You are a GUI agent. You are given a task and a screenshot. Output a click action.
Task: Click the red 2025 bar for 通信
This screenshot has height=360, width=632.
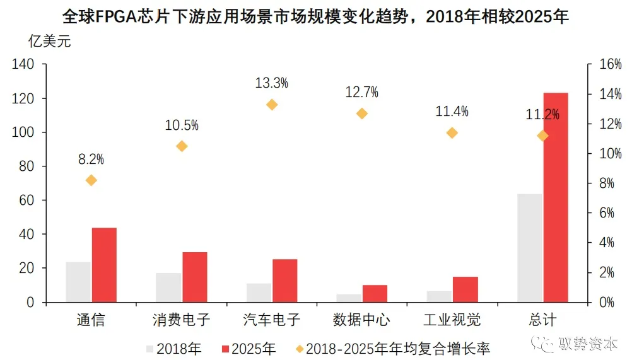(x=104, y=265)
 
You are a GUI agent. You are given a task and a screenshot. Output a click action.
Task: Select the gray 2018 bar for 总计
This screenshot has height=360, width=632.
(x=530, y=248)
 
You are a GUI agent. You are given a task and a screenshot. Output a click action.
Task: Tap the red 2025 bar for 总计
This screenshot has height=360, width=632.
(x=556, y=197)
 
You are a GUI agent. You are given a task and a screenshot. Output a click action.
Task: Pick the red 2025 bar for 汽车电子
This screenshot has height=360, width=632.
(x=284, y=281)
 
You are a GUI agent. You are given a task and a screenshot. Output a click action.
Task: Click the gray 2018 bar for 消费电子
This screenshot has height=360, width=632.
(x=168, y=287)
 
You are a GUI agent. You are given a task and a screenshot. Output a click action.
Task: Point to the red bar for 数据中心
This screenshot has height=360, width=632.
(x=375, y=293)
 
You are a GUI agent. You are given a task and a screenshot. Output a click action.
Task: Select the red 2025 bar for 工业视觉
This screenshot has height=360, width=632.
(x=465, y=289)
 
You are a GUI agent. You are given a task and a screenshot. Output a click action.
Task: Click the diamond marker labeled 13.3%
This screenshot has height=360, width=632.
(x=272, y=105)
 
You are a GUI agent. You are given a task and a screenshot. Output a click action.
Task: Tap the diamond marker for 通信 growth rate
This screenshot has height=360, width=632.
(x=91, y=180)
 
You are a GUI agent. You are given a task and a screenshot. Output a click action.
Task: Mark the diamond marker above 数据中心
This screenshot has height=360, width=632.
(x=362, y=113)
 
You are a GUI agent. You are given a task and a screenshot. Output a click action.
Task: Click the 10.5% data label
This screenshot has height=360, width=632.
(x=182, y=125)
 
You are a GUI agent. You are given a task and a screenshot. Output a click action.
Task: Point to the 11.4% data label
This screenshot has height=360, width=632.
(x=452, y=112)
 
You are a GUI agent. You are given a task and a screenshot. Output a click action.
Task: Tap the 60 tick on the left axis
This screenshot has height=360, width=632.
(x=26, y=200)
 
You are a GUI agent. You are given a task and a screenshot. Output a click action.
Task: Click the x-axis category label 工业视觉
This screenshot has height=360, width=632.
(x=452, y=320)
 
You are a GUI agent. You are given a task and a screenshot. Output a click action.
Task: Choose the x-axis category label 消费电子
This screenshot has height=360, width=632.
(x=182, y=320)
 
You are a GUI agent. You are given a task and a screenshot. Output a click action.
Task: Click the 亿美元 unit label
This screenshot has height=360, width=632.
(x=50, y=42)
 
